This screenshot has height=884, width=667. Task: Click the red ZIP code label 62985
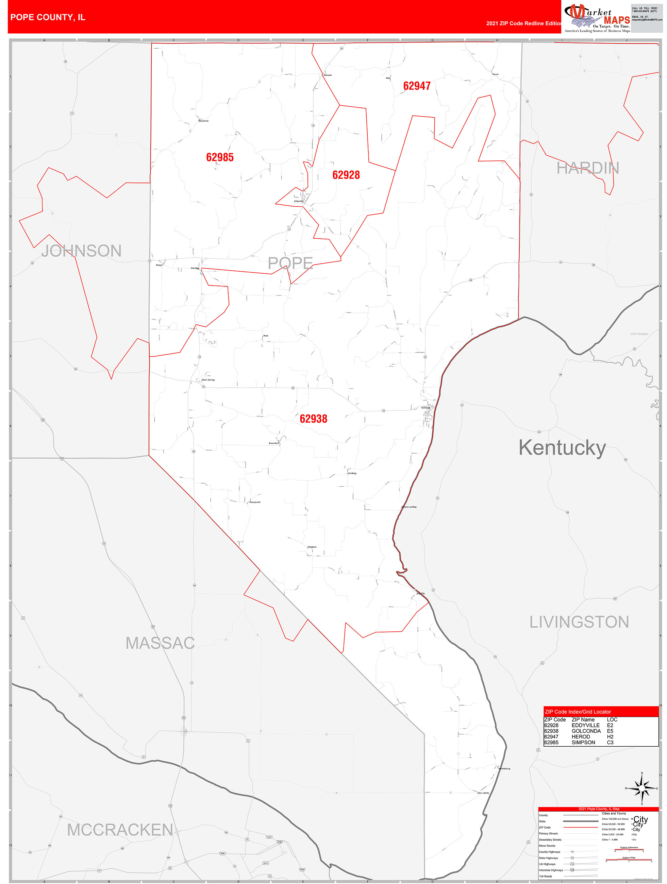(x=219, y=157)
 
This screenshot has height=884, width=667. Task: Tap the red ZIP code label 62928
(x=346, y=175)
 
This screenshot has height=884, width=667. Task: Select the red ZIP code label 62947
(x=417, y=86)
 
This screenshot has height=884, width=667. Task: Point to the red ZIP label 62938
(x=313, y=419)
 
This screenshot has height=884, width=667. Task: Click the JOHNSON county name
(x=82, y=251)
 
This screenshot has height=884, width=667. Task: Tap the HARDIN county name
(x=587, y=168)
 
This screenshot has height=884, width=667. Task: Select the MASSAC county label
(x=160, y=643)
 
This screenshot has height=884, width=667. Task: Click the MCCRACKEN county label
(x=120, y=830)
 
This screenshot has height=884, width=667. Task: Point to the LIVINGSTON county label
(x=579, y=622)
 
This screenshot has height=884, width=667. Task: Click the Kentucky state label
(x=562, y=447)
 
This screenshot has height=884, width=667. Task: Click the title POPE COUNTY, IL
(x=48, y=17)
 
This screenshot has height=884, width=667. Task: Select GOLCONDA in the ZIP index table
(x=586, y=731)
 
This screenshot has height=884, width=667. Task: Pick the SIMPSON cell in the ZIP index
(x=583, y=743)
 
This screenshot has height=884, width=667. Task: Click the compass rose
(x=642, y=788)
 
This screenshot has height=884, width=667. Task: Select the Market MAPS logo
(x=597, y=17)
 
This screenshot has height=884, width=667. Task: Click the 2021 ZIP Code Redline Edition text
(x=523, y=23)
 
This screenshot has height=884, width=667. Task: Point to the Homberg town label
(x=352, y=473)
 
